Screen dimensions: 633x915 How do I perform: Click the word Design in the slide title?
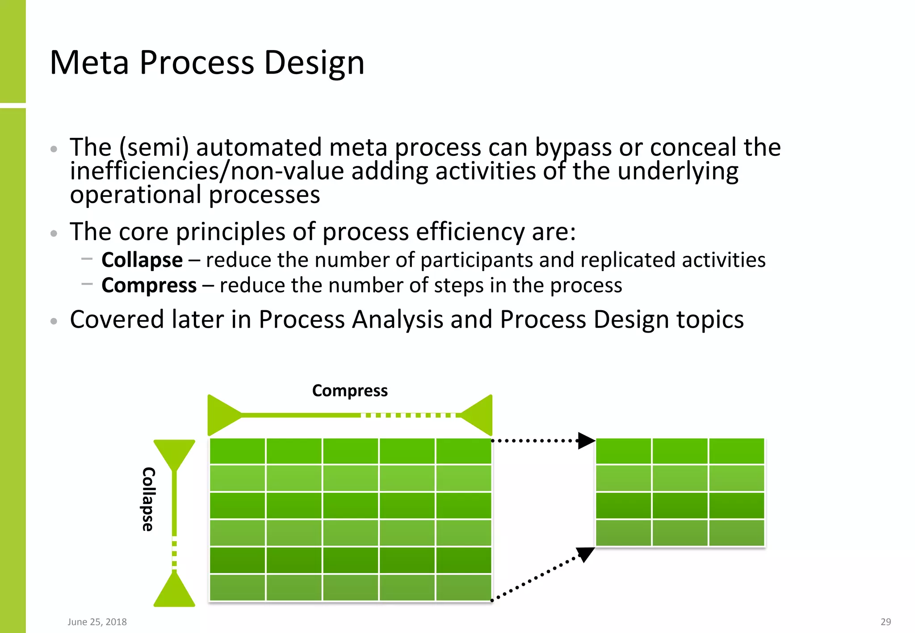[x=314, y=62]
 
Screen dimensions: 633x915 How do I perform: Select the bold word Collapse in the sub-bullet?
[x=142, y=260]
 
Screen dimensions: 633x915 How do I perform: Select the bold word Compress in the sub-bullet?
[x=149, y=286]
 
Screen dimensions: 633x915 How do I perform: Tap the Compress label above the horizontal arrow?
[x=349, y=391]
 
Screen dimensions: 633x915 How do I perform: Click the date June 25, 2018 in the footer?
[x=97, y=622]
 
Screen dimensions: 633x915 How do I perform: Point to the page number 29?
[x=886, y=622]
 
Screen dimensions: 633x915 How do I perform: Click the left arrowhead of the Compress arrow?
[x=222, y=415]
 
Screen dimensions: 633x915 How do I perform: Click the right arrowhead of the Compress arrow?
[x=479, y=415]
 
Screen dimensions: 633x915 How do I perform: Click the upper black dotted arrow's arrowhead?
[x=586, y=441]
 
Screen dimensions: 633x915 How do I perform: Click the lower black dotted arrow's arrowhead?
[x=584, y=554]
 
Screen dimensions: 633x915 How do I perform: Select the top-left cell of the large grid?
[x=237, y=451]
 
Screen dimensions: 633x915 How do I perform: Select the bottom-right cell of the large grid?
[x=463, y=587]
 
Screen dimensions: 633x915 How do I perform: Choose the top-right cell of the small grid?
[x=736, y=451]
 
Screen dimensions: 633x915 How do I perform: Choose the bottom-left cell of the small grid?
[x=623, y=533]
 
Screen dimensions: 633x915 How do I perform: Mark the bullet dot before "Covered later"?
[x=54, y=321]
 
